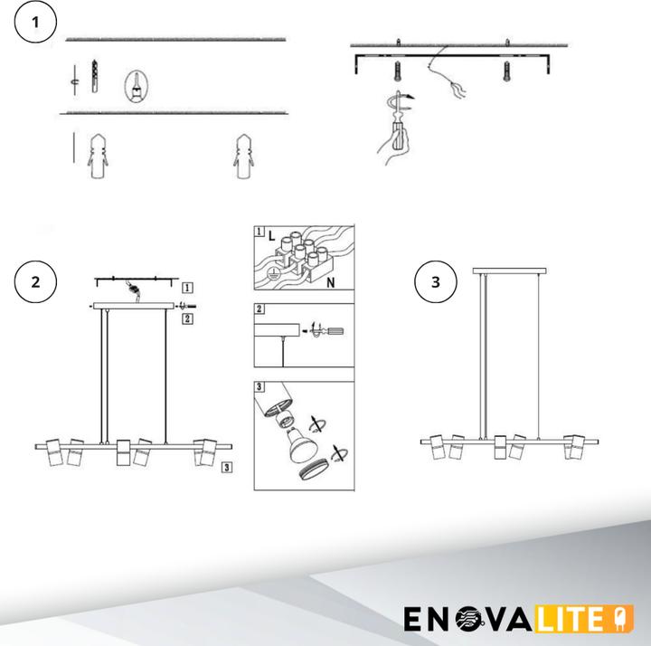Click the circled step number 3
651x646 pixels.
click(x=435, y=281)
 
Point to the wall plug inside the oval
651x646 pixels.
click(x=135, y=87)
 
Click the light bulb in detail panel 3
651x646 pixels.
click(x=296, y=439)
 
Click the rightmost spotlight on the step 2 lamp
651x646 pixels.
click(x=206, y=451)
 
